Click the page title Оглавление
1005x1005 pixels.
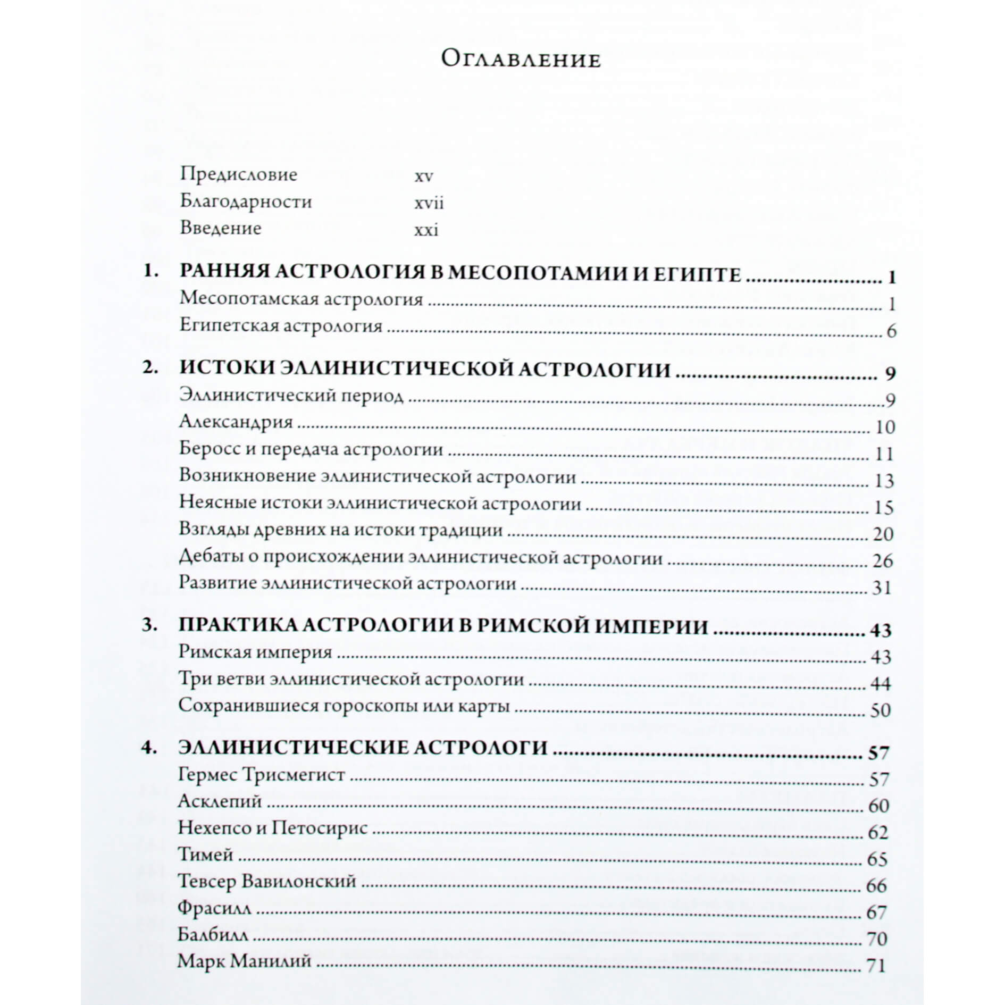pos(521,59)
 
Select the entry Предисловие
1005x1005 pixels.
pos(239,174)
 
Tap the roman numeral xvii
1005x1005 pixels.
pos(429,203)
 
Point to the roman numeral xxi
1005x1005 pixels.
pos(426,230)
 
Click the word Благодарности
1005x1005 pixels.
pos(246,202)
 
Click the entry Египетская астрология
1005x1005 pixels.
pos(281,325)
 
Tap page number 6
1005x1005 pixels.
pos(891,331)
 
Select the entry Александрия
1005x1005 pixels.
pos(236,422)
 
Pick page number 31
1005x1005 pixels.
pos(882,588)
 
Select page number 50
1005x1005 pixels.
pos(881,710)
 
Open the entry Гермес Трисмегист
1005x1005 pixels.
pos(262,774)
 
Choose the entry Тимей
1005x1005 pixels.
pos(205,855)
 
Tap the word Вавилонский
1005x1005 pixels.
pos(298,881)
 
